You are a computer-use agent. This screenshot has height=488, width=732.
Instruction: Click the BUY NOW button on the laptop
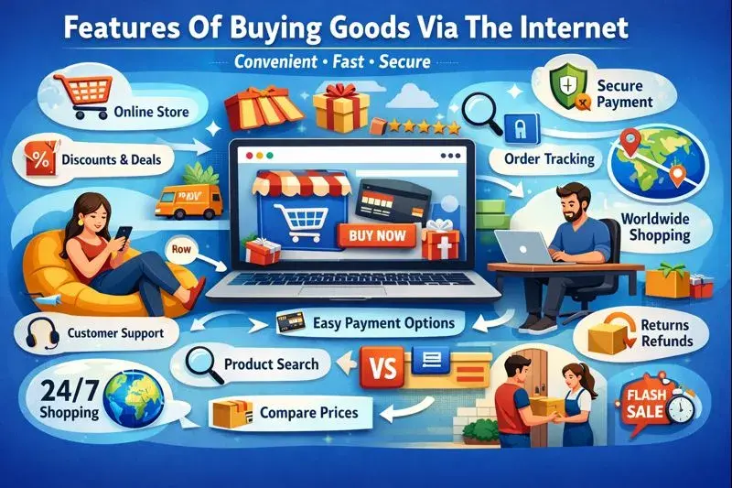click(x=376, y=236)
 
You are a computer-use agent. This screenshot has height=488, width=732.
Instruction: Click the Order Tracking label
click(x=549, y=158)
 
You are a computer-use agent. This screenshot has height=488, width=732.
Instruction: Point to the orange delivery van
click(x=178, y=201)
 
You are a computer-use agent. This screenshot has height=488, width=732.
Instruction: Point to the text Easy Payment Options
click(x=383, y=322)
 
